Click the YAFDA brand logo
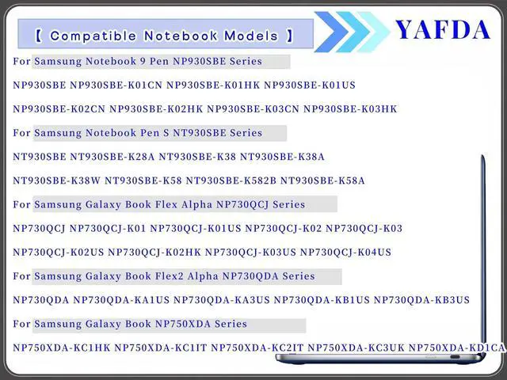point(443,30)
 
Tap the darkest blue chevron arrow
point(331,32)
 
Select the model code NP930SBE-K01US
point(310,85)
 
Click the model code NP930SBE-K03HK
point(350,109)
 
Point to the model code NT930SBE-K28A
point(112,157)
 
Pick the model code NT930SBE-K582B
point(231,180)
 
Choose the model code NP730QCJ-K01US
point(196,229)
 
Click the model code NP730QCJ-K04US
point(345,253)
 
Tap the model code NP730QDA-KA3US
point(222,300)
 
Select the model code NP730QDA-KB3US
point(421,300)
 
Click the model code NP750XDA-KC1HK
point(62,348)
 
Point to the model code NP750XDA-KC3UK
point(356,348)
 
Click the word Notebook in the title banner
point(181,36)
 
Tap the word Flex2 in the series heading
point(169,276)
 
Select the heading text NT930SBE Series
point(218,133)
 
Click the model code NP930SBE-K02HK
point(156,109)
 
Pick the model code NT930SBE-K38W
point(56,180)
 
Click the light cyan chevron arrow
point(373,32)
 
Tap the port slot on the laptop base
point(455,357)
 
